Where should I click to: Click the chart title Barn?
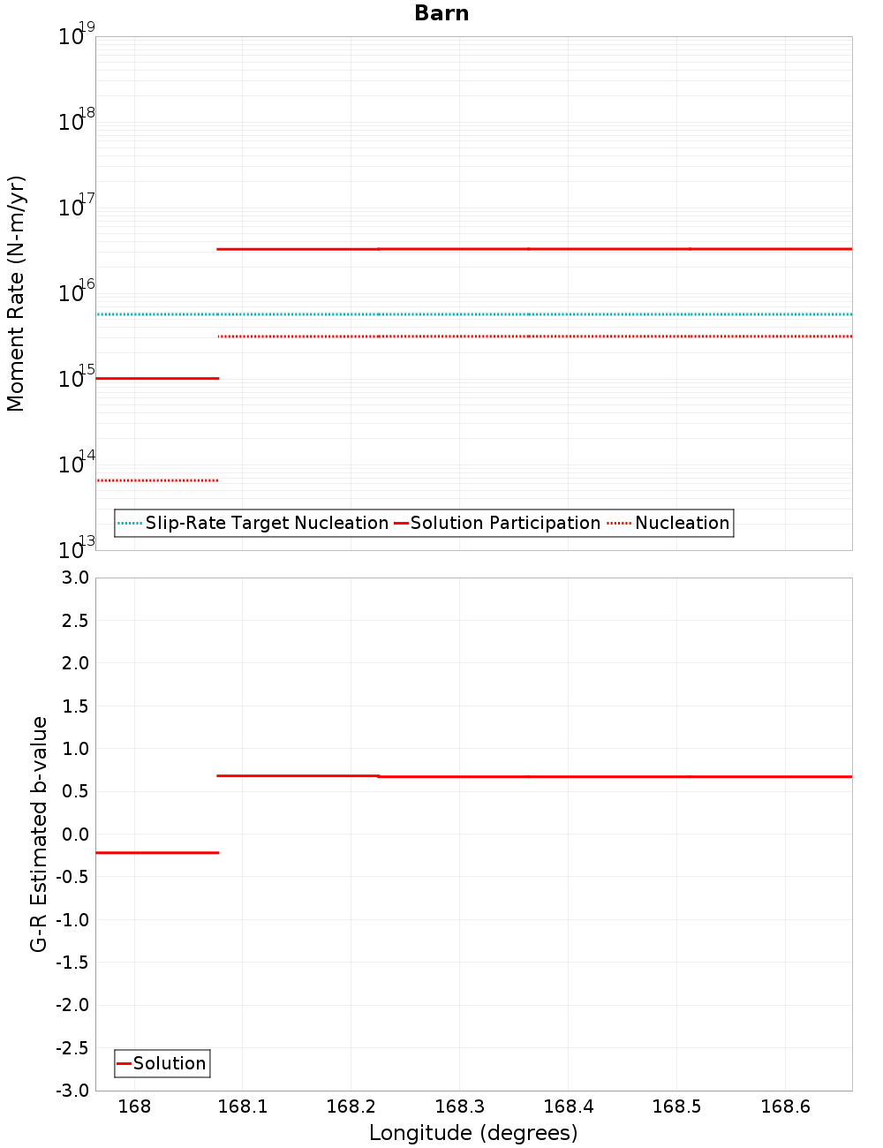(441, 13)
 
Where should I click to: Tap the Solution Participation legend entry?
(498, 523)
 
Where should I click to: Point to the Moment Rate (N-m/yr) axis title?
(16, 293)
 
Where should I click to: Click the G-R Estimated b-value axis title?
(39, 834)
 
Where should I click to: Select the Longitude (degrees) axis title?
(473, 1133)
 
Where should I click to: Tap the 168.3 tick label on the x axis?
(459, 1106)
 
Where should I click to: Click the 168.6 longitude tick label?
(785, 1106)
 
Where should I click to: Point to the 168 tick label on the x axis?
(134, 1106)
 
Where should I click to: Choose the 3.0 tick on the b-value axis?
(74, 578)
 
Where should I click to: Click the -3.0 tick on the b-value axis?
(72, 1091)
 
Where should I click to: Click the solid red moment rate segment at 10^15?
(157, 378)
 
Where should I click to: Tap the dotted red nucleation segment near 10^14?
(157, 480)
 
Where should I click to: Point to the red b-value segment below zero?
(157, 852)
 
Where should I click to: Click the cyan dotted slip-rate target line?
(530, 314)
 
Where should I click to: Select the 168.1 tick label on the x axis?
(242, 1106)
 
